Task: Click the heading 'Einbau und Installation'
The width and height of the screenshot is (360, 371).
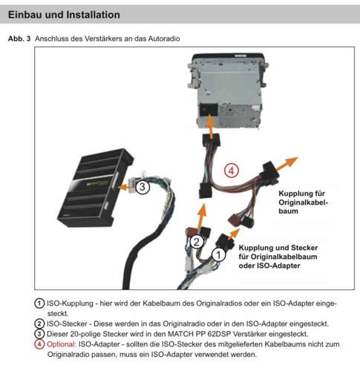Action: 64,15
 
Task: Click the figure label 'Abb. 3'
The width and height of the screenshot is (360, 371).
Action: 19,39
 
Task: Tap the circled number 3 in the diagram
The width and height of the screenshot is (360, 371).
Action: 143,186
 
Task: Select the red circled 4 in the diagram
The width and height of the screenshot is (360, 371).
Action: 231,170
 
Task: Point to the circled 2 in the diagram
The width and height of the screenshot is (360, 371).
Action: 196,242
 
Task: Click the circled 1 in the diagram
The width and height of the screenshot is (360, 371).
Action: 218,255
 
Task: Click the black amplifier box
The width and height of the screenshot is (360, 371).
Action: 96,188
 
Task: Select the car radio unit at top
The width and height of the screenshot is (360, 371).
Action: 227,91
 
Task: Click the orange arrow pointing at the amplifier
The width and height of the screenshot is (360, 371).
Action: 126,186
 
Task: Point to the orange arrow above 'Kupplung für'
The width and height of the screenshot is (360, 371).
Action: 287,164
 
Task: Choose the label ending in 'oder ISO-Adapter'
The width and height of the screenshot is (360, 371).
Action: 278,257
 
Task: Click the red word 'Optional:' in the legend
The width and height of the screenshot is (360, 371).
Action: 62,344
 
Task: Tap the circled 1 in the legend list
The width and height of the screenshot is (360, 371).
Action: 39,303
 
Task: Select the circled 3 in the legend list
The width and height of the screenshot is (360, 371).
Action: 39,334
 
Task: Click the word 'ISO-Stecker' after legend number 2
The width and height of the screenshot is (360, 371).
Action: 67,324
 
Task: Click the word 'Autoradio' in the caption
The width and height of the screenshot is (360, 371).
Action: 164,39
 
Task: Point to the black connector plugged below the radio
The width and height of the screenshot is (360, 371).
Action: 211,140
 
